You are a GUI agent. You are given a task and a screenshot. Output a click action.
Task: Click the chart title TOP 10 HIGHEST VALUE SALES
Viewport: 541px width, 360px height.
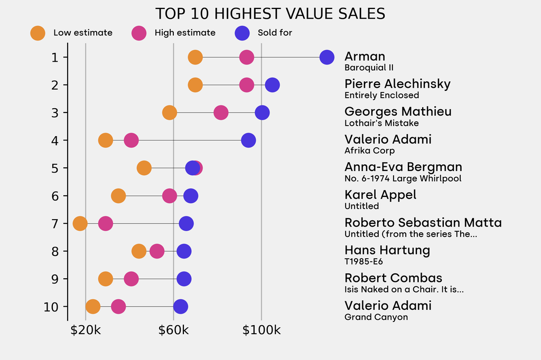pos(270,13)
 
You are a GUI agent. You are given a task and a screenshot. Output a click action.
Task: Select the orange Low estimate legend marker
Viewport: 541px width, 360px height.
pos(38,33)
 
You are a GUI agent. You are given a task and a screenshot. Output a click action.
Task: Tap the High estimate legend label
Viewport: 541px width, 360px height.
pos(185,33)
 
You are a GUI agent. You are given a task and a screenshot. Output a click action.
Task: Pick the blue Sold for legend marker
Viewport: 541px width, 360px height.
pos(242,33)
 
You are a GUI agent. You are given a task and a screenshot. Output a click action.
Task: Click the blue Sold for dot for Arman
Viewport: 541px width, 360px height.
pos(327,57)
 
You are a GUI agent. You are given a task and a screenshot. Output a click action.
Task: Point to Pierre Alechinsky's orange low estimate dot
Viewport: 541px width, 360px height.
pos(195,85)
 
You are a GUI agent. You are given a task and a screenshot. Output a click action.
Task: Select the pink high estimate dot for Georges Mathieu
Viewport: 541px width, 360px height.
pos(221,112)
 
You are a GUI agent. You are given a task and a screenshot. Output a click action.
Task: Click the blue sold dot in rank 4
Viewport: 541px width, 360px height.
pos(248,140)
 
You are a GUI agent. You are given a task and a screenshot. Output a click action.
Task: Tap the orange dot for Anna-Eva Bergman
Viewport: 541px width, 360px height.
pos(144,168)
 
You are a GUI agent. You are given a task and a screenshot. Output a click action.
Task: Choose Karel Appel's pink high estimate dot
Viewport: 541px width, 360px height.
pos(169,196)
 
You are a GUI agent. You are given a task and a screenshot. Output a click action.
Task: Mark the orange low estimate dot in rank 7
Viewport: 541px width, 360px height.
pos(80,223)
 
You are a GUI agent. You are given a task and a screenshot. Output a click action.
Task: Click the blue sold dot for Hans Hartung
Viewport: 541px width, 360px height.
pos(184,251)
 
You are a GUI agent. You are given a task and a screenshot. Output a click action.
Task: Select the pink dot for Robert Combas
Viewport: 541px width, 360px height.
pos(131,279)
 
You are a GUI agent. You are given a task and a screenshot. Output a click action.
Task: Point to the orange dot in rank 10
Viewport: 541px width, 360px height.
pos(92,307)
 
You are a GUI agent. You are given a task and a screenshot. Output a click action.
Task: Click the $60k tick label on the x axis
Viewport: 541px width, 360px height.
pos(173,331)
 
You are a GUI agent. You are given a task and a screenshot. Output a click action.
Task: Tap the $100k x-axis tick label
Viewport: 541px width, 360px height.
pos(261,331)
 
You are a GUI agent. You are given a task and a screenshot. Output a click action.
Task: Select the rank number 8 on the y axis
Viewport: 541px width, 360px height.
pos(55,251)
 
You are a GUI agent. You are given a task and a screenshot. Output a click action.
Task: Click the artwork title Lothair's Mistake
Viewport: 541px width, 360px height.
pos(381,123)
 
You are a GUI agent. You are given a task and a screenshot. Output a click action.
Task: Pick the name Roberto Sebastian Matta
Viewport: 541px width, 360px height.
pos(423,223)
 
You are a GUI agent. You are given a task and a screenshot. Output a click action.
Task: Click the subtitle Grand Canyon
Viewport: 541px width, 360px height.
pos(376,317)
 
